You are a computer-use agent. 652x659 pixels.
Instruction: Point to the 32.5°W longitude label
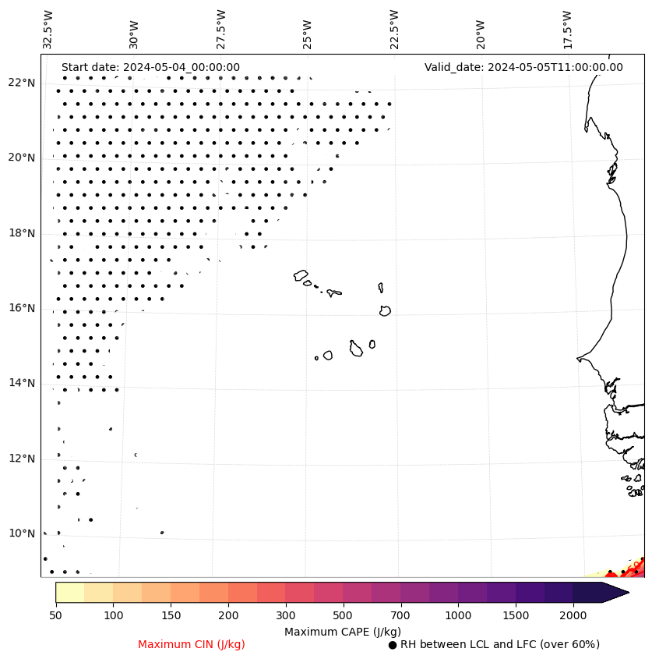[x=48, y=30]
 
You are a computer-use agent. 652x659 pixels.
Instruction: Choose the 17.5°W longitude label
[x=567, y=30]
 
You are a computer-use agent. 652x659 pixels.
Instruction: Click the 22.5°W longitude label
[x=394, y=30]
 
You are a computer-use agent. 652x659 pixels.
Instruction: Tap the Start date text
[x=150, y=67]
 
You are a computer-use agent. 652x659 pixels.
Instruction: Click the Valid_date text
[x=523, y=67]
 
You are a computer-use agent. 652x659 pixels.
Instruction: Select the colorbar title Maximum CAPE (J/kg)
[x=342, y=631]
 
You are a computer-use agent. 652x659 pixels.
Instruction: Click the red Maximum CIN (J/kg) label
[x=192, y=644]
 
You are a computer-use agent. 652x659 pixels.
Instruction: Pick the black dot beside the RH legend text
[x=393, y=645]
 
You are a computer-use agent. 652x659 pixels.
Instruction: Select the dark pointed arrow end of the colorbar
[x=615, y=593]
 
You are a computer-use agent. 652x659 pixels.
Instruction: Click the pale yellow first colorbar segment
[x=70, y=593]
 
